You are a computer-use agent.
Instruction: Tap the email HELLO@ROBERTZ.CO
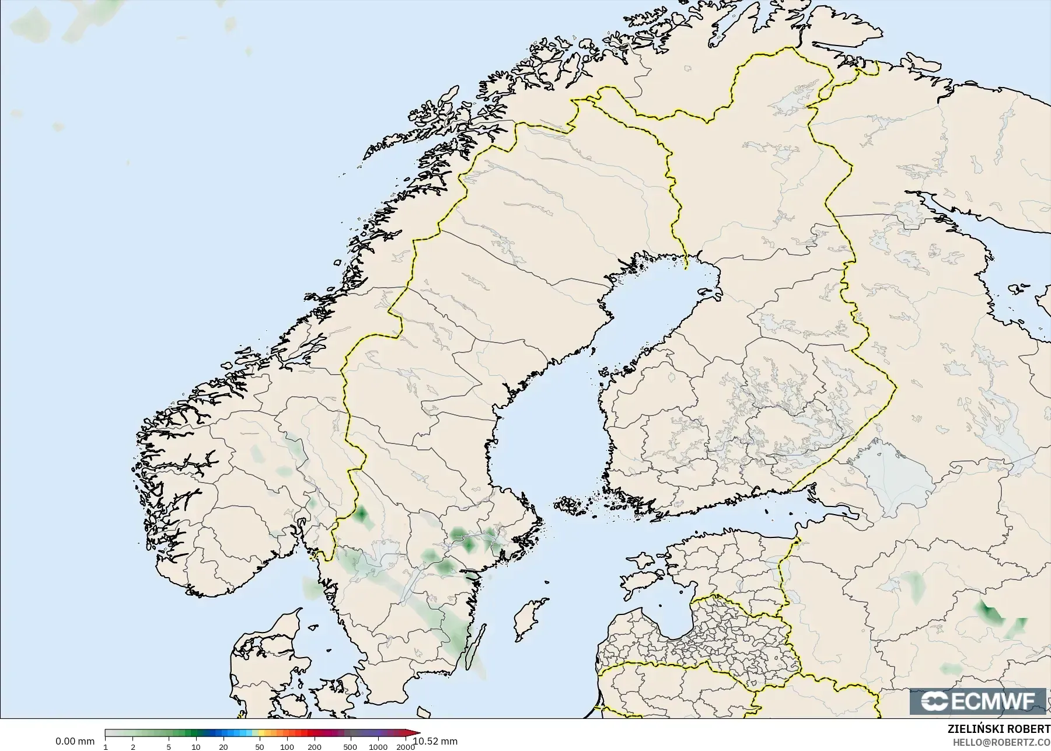[x=1002, y=742]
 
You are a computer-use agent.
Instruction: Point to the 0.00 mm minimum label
[x=75, y=741]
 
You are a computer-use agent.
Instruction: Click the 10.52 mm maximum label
[x=435, y=741]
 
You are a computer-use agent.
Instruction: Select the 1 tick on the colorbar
[x=106, y=746]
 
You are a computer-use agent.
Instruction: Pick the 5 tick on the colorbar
[x=169, y=746]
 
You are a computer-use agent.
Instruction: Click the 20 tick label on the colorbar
[x=223, y=746]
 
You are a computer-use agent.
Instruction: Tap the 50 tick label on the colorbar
[x=260, y=746]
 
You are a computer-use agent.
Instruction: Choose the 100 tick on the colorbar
[x=287, y=746]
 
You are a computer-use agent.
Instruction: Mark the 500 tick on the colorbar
[x=350, y=746]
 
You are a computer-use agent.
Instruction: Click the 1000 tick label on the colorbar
[x=378, y=746]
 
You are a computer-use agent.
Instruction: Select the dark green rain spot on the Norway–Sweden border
[x=361, y=515]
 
